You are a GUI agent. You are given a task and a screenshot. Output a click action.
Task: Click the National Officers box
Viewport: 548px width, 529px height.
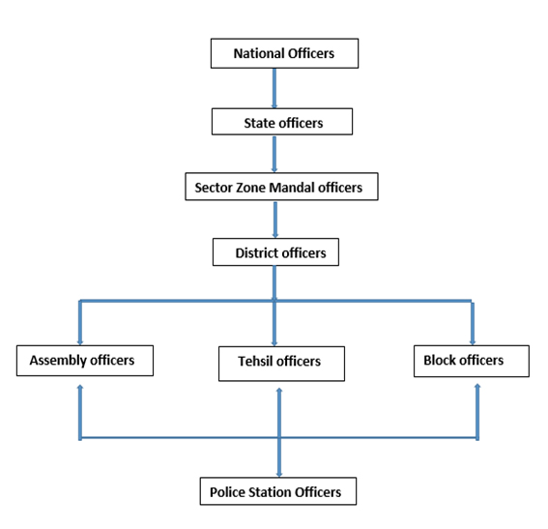284,53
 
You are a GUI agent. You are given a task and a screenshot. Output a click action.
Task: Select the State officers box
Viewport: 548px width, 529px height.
282,122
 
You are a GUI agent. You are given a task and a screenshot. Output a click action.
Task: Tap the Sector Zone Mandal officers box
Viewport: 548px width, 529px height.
281,187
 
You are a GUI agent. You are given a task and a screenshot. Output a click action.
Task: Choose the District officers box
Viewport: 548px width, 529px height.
275,252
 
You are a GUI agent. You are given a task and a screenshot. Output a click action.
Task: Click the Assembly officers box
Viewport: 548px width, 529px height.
85,361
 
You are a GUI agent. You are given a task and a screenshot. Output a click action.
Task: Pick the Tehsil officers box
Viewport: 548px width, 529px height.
281,364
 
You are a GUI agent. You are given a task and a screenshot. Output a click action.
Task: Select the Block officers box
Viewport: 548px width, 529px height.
472,361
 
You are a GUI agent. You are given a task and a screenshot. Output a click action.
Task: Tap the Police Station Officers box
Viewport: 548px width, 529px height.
278,491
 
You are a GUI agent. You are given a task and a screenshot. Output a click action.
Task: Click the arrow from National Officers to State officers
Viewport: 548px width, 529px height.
274,88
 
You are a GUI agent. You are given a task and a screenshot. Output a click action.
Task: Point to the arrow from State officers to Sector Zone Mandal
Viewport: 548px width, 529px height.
274,154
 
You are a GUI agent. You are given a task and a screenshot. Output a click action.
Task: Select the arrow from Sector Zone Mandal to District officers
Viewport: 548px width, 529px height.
275,220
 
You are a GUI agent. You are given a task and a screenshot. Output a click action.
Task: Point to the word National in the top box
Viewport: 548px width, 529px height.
259,53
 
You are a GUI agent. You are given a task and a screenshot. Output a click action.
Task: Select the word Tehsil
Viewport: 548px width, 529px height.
255,361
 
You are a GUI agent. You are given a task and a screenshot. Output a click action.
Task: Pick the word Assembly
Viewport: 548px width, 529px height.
58,361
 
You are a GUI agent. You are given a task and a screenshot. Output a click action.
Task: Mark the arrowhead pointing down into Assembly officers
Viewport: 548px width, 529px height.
80,342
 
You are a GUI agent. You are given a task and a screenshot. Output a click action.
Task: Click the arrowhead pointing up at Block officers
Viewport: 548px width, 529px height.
477,386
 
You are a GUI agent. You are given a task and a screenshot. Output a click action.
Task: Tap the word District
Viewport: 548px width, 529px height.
256,252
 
